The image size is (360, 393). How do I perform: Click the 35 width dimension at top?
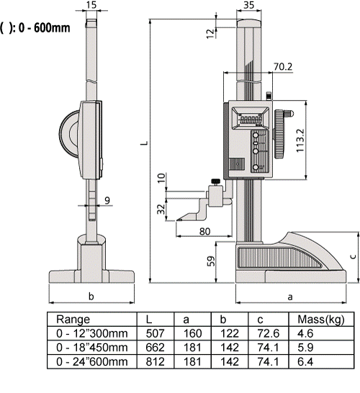(249, 6)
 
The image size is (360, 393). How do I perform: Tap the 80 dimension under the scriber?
(204, 230)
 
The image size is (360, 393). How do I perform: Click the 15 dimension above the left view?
(90, 6)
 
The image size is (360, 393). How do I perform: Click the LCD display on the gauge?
(251, 117)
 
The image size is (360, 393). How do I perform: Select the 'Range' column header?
(73, 318)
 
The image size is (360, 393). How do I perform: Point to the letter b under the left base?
(90, 296)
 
